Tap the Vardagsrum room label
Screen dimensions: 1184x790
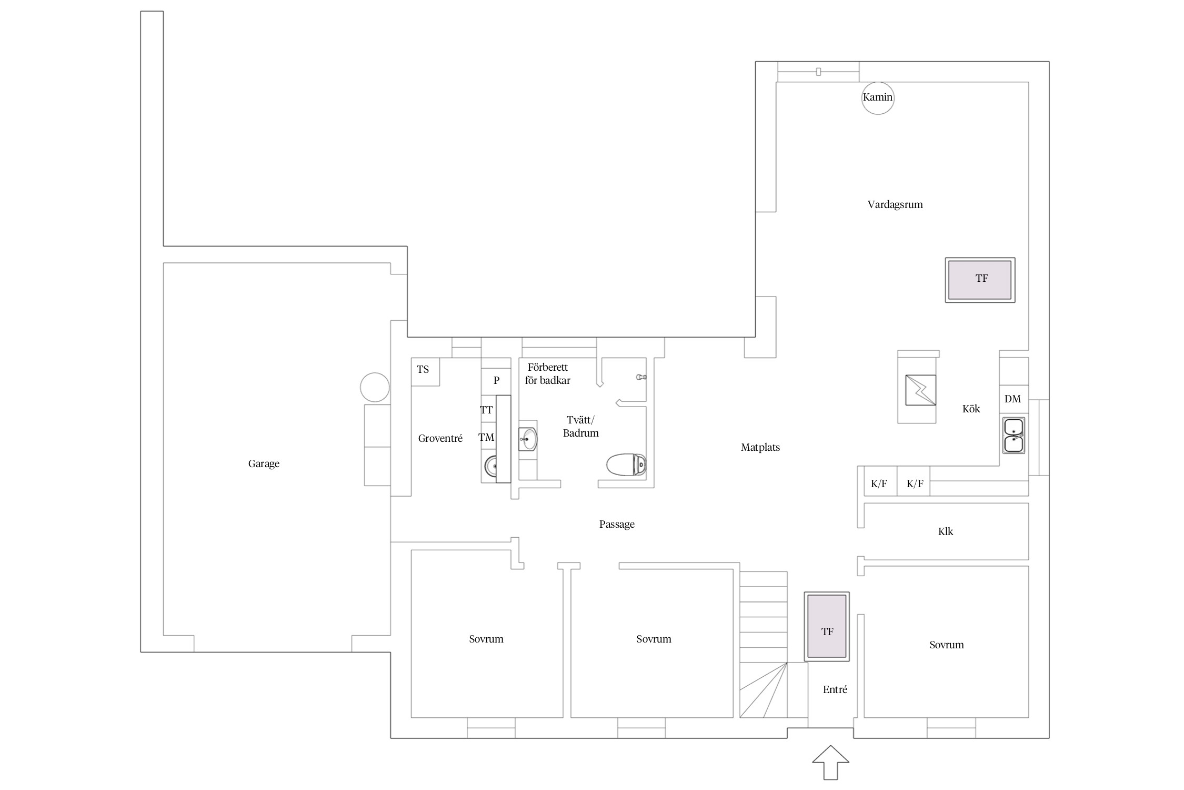tap(895, 205)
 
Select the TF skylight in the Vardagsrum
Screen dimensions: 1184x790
tap(980, 280)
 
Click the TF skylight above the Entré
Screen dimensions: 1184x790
tap(827, 626)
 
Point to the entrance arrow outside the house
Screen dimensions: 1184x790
tap(830, 762)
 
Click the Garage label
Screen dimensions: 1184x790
tap(264, 464)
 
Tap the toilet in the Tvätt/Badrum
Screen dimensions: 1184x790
tap(626, 465)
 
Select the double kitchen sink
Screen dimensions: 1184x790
tap(1014, 436)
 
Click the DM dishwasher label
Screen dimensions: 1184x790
tap(1012, 399)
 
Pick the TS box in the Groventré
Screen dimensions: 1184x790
tap(425, 372)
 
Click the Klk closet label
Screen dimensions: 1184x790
tap(946, 532)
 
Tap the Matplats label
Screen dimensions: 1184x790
tap(760, 448)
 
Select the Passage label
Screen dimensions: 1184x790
tap(617, 525)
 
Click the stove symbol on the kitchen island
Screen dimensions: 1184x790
tap(920, 390)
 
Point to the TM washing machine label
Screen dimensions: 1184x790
tap(486, 437)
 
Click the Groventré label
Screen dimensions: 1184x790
tap(440, 438)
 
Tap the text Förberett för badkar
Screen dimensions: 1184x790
tap(548, 374)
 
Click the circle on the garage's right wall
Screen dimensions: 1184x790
tap(375, 387)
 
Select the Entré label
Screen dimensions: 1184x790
tap(835, 689)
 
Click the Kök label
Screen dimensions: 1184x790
tap(971, 409)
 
